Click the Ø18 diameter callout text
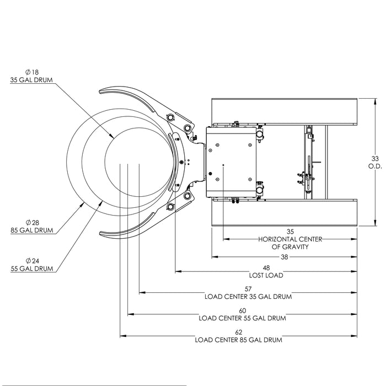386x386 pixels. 31,72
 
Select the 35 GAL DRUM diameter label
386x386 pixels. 31,79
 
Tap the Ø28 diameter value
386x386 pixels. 32,222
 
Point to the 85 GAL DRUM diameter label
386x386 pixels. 32,230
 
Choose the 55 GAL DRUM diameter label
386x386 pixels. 31,269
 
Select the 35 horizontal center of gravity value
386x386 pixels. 290,232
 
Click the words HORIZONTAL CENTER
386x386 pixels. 290,239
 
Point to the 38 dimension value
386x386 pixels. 283,257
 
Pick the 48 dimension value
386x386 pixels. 266,267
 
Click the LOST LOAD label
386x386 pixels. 266,275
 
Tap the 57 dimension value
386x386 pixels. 248,288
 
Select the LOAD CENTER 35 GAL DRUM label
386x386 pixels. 248,297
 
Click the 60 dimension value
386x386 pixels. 242,310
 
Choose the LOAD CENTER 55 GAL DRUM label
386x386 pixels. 242,318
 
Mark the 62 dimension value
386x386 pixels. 238,332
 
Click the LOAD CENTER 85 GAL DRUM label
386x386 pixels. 238,340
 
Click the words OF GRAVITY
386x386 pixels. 290,247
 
